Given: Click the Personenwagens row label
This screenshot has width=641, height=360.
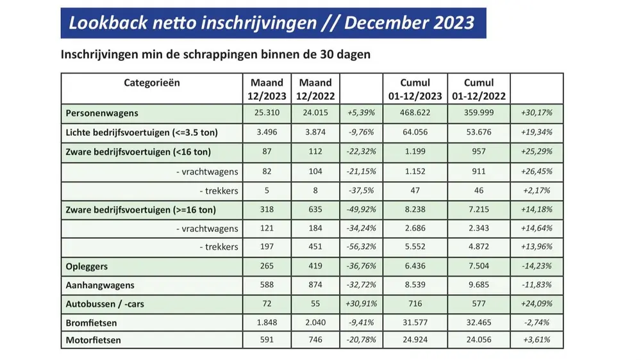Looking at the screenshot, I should (102, 113).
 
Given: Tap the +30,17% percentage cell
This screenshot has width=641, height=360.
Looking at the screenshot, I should (538, 113).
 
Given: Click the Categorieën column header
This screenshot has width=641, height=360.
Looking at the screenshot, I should (152, 83).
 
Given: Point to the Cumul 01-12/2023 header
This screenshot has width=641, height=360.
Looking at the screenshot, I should (415, 90).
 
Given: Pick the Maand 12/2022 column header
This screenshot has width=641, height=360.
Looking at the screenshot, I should (315, 90).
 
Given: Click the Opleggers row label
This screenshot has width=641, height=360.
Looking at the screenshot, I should (88, 265).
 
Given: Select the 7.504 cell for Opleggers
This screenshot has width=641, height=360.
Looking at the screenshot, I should (479, 265).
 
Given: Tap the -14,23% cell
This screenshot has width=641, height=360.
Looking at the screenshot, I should (538, 265).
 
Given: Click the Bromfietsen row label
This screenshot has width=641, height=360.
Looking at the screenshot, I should (92, 322).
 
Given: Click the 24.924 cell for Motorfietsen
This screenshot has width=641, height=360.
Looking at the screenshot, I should (415, 340).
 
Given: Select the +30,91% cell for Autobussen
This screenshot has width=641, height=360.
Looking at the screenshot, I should (362, 304).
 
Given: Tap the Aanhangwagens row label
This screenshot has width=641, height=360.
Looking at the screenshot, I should (100, 284).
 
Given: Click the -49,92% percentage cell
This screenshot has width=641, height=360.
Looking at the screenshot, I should (362, 209).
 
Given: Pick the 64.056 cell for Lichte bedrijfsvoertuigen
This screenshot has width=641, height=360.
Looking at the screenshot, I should (415, 133).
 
